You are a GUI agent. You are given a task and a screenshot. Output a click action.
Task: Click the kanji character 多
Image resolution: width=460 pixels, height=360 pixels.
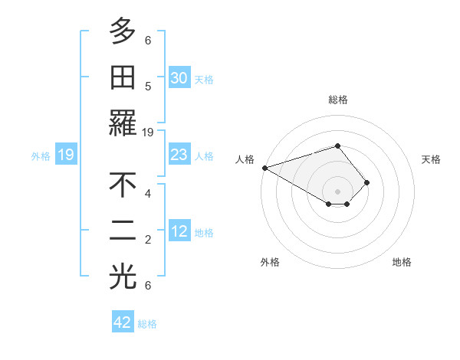coord(123,32)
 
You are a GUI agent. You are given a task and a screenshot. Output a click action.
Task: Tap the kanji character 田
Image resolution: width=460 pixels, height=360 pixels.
coord(123,77)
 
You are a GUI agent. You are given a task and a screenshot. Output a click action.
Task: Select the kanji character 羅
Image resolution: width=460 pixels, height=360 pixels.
coord(123,123)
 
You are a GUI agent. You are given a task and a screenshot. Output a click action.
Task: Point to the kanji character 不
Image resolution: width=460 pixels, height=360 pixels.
coord(123,185)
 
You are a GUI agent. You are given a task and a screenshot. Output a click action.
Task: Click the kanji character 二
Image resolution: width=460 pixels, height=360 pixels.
coord(123,231)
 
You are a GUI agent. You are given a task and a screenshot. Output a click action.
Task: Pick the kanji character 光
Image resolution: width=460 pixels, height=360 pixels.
coord(123,277)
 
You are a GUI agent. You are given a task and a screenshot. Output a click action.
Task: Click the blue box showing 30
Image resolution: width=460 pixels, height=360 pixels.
coord(179,78)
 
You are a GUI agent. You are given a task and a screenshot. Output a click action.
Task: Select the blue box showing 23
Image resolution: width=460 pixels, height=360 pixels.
coord(179,155)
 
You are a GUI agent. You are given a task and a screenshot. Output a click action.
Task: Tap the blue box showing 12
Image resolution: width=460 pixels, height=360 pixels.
coord(179,231)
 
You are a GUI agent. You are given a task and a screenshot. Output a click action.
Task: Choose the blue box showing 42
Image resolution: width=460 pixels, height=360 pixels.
coord(123,322)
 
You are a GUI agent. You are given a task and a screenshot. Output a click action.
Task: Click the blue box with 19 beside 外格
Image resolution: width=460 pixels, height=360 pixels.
coord(65,155)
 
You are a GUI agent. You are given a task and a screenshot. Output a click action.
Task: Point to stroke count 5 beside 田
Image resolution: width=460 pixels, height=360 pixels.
coord(148,86)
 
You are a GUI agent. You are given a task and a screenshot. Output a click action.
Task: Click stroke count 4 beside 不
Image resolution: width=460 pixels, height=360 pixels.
coord(148,193)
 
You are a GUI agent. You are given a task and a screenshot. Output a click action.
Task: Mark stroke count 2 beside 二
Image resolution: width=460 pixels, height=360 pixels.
coord(148,239)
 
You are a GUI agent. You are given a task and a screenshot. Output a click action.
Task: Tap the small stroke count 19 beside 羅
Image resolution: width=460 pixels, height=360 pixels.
coord(148,132)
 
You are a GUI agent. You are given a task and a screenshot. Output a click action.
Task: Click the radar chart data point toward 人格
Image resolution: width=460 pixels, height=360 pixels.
coord(264,168)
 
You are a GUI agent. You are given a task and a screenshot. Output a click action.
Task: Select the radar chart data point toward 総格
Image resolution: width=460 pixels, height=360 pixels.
coord(337,146)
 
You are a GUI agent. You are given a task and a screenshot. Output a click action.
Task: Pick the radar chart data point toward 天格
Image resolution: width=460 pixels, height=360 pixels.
coord(367,182)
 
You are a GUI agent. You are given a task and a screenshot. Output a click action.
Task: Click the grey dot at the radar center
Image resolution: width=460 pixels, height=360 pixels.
coord(337,191)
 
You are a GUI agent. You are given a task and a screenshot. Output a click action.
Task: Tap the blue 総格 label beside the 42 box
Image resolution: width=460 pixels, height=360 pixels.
coord(147,324)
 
